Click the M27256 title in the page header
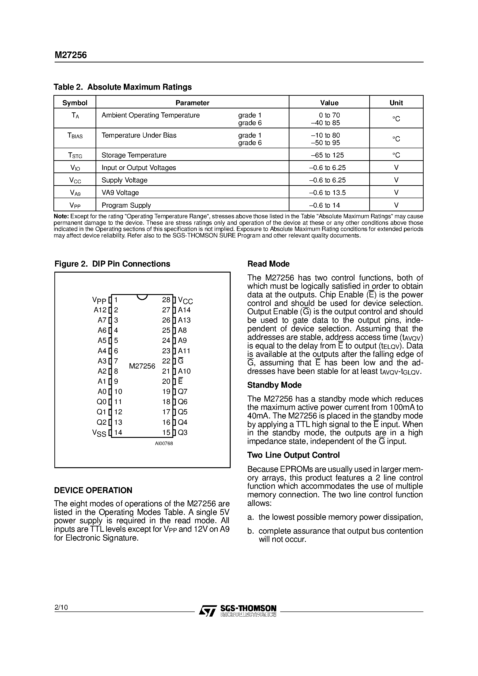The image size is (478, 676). click(x=71, y=55)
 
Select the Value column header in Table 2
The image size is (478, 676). click(x=329, y=103)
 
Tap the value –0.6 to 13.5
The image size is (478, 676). click(x=327, y=193)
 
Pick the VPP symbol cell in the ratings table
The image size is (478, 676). click(x=75, y=205)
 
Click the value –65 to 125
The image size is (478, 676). click(x=327, y=155)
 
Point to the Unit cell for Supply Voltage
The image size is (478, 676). click(x=396, y=180)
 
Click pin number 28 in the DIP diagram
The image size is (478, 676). click(x=166, y=300)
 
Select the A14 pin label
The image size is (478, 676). click(x=184, y=310)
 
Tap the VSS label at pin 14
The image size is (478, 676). click(x=99, y=433)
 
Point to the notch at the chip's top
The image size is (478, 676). click(x=142, y=297)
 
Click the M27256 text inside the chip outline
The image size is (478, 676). click(x=142, y=366)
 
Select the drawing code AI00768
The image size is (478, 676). click(x=164, y=443)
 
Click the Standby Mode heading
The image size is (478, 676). click(x=274, y=385)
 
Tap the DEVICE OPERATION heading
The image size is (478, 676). click(x=93, y=491)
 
